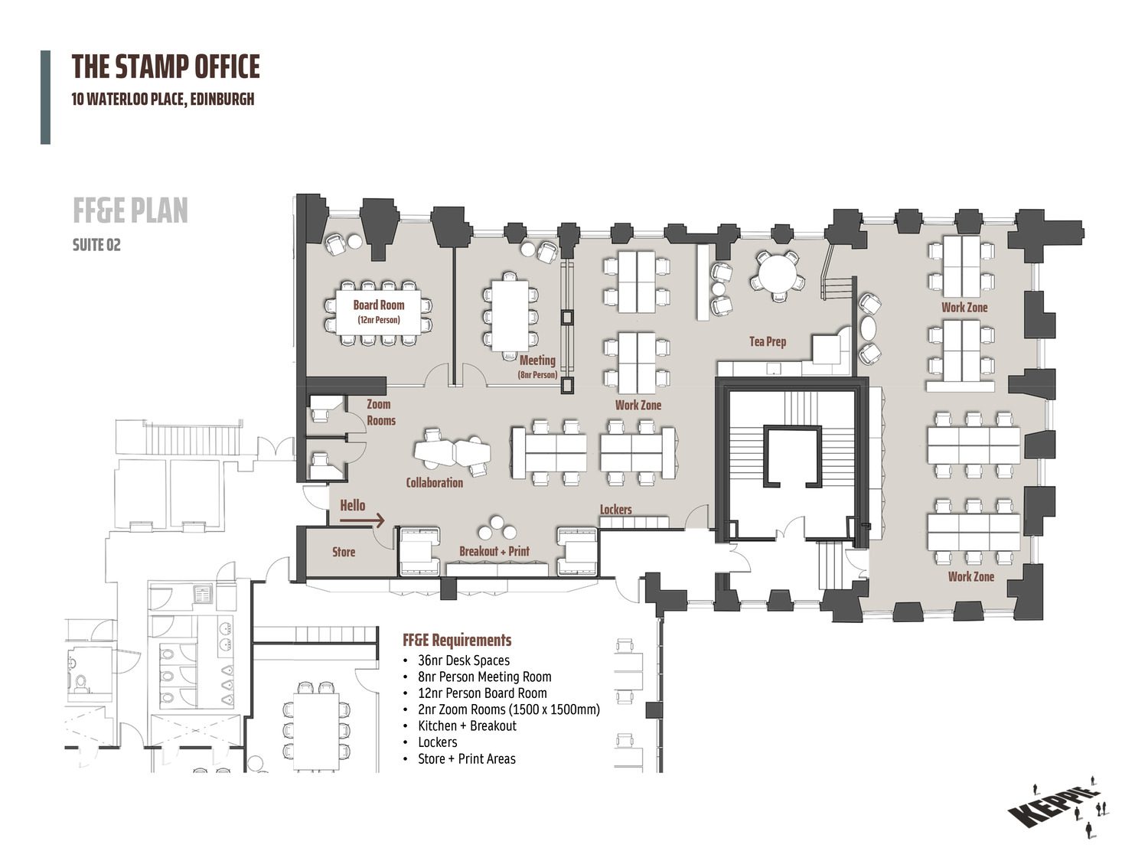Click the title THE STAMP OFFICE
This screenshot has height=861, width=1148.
click(x=166, y=67)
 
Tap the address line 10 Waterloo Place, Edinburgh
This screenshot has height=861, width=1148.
click(x=163, y=99)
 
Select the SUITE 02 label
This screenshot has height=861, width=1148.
click(x=96, y=245)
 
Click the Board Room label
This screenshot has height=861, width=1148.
click(x=379, y=305)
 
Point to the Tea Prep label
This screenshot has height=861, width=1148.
click(x=768, y=341)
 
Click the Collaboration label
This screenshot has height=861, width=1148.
click(x=435, y=482)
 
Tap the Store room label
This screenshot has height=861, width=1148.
click(x=344, y=552)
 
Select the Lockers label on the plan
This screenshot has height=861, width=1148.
click(x=615, y=509)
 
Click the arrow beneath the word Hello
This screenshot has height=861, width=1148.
click(x=363, y=520)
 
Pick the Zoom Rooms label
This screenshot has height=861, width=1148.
click(x=380, y=413)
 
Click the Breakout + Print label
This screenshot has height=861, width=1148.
click(x=494, y=551)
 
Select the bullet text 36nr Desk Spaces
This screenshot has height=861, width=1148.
click(x=464, y=660)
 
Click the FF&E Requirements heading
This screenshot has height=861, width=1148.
click(x=457, y=640)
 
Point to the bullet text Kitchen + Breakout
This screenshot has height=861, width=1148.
click(x=467, y=726)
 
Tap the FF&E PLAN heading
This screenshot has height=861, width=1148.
click(x=130, y=210)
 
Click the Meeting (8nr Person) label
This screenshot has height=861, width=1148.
click(x=538, y=367)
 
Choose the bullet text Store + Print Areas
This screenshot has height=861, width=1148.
click(x=467, y=758)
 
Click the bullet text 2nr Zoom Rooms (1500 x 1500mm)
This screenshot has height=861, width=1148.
click(x=509, y=709)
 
